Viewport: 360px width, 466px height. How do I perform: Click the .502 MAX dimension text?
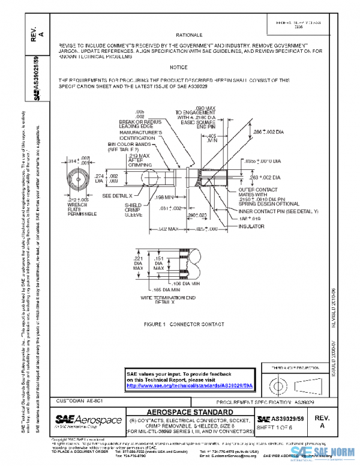(x=167, y=229)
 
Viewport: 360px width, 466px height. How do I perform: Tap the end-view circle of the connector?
(x=78, y=180)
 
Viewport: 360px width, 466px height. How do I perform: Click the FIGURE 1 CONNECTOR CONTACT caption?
(x=179, y=324)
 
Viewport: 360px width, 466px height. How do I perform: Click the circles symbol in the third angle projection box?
(x=278, y=383)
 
